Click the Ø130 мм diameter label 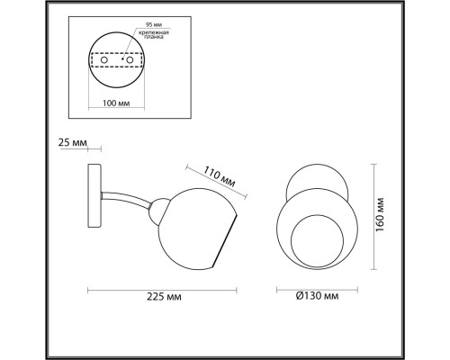coord(317,295)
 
